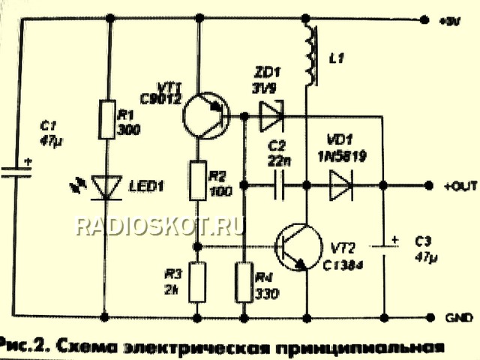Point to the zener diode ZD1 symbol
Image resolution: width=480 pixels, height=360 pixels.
click(x=268, y=116)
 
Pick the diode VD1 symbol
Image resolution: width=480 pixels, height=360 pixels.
click(x=341, y=184)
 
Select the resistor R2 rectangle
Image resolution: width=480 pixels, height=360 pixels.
click(x=197, y=181)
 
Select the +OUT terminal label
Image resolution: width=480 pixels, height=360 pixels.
click(x=455, y=184)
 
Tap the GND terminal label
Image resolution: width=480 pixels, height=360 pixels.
click(x=453, y=315)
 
